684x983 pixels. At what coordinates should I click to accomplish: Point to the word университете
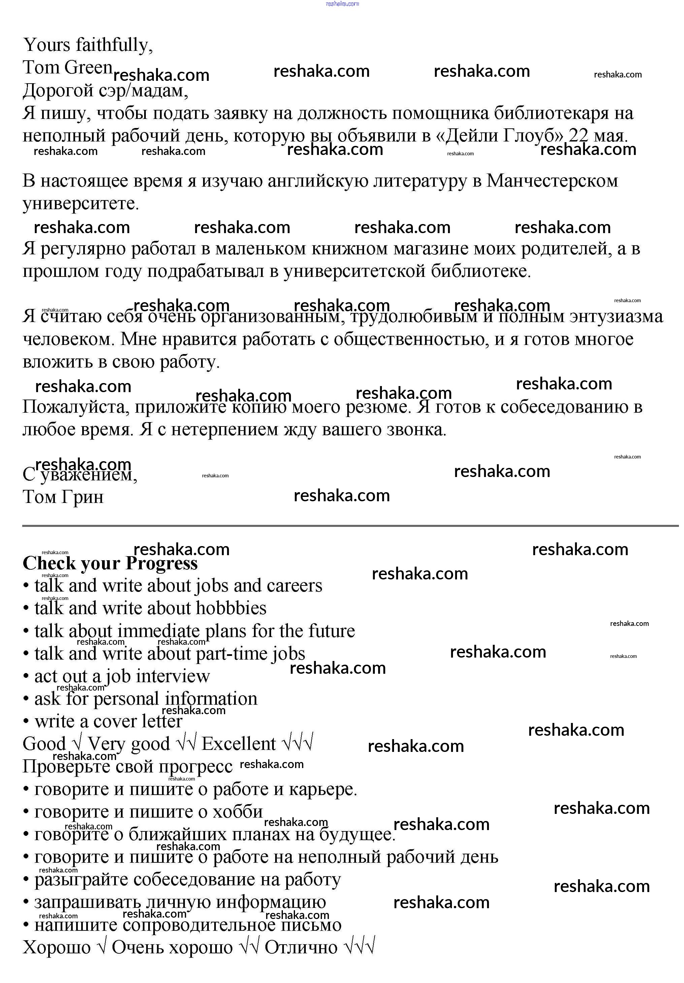[80, 204]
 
